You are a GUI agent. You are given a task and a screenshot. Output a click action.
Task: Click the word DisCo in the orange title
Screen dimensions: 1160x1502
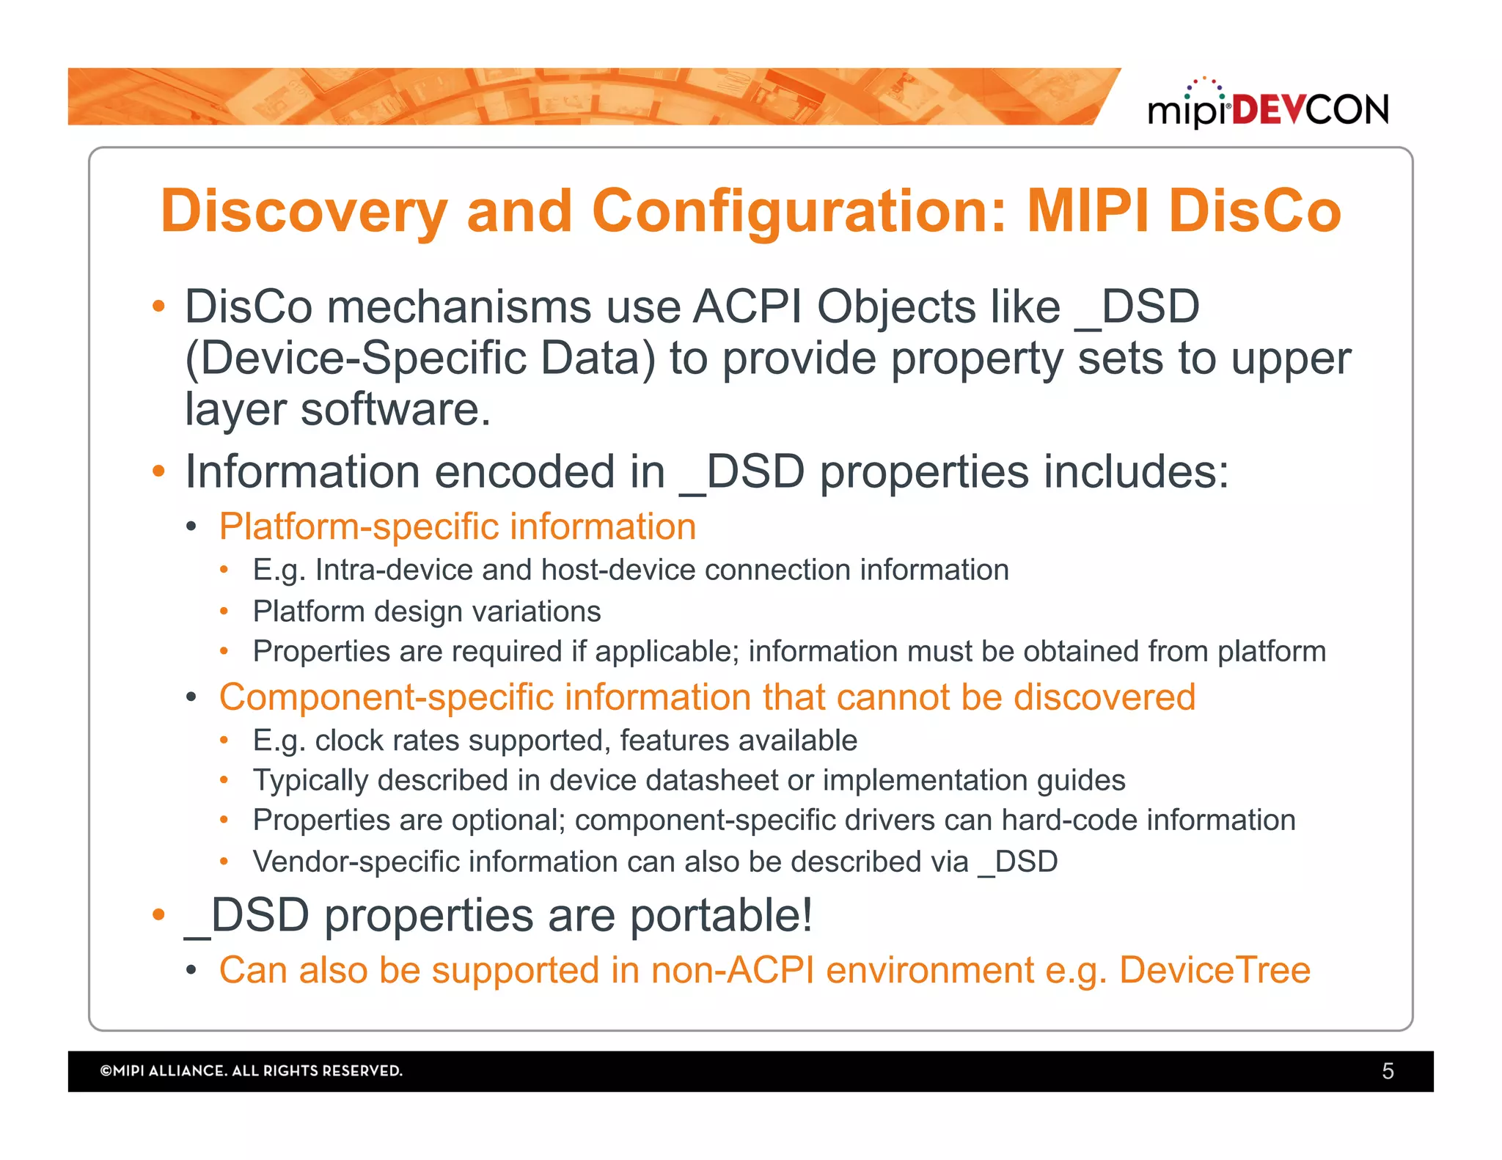(1255, 211)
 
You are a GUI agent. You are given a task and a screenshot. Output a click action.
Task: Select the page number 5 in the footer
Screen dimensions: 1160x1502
(1388, 1071)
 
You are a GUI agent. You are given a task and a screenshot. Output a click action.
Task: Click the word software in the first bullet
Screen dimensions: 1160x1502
(395, 409)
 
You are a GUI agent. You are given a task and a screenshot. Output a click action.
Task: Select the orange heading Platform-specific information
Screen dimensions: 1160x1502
(457, 526)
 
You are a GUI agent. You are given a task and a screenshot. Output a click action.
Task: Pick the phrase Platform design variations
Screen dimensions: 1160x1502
(426, 611)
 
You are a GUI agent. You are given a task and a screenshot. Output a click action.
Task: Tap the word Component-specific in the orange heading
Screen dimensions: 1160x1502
(386, 697)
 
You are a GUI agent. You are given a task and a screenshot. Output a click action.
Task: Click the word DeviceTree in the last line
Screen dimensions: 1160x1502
(1215, 970)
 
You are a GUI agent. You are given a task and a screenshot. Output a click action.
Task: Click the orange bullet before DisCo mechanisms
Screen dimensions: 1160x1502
(158, 306)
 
